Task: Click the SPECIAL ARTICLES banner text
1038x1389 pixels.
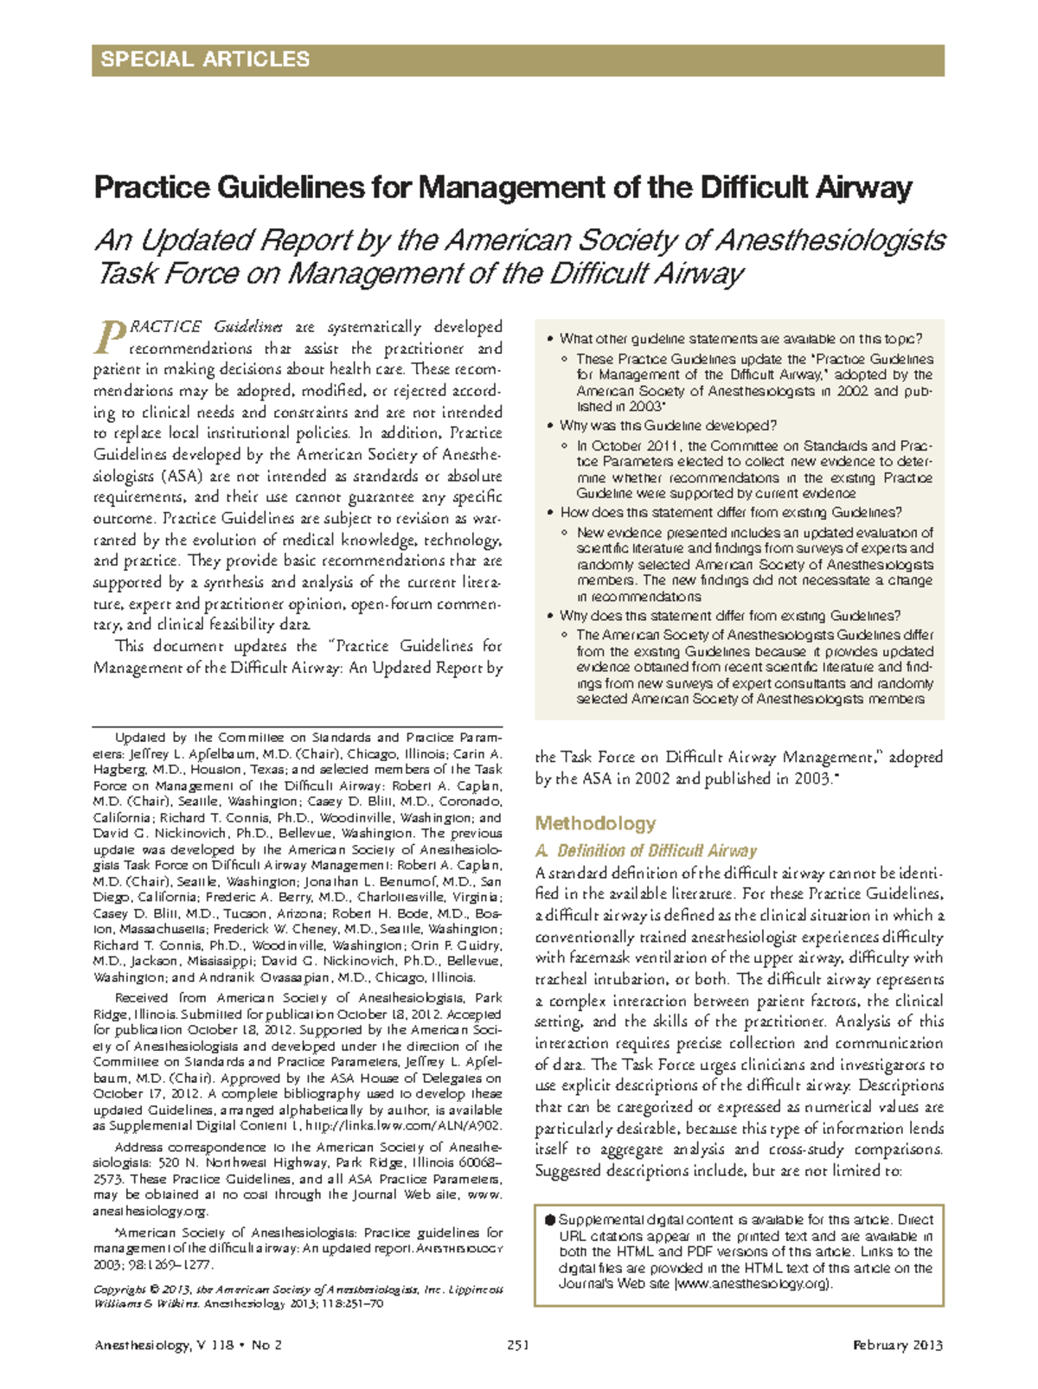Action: tap(205, 60)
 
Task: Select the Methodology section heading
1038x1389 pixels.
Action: tap(595, 823)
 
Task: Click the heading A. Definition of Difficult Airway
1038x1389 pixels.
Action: tap(646, 851)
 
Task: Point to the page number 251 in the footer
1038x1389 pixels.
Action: tap(518, 1345)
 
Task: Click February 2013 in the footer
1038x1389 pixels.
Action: tap(897, 1345)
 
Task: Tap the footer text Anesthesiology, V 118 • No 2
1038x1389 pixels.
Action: tap(188, 1345)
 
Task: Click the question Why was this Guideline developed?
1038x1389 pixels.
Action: tap(668, 426)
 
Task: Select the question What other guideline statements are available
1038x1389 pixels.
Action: tap(740, 339)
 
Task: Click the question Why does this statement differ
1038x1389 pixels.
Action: tap(730, 616)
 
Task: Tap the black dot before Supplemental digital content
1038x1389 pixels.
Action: tap(549, 1219)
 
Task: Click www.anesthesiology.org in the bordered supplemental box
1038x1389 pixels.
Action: tap(752, 1283)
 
